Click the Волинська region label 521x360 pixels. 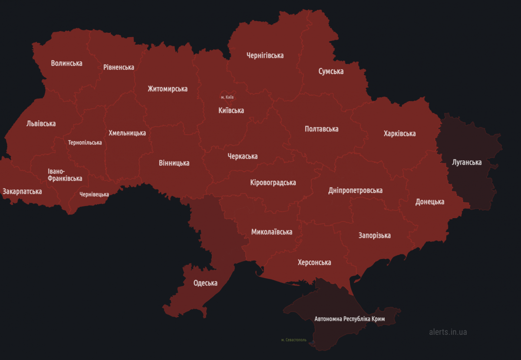pyautogui.click(x=66, y=63)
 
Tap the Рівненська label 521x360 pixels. pyautogui.click(x=119, y=67)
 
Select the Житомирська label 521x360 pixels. pyautogui.click(x=168, y=89)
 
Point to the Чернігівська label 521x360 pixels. pyautogui.click(x=265, y=56)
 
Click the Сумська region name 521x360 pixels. pyautogui.click(x=331, y=71)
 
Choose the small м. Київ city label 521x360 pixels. pyautogui.click(x=227, y=97)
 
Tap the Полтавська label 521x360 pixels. pyautogui.click(x=321, y=129)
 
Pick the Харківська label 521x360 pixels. pyautogui.click(x=399, y=134)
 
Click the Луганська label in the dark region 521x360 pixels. pyautogui.click(x=467, y=162)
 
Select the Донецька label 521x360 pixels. pyautogui.click(x=430, y=202)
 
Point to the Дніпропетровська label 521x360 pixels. pyautogui.click(x=355, y=191)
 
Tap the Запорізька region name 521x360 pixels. pyautogui.click(x=374, y=235)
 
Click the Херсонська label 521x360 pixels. pyautogui.click(x=314, y=262)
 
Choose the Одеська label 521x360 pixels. pyautogui.click(x=205, y=283)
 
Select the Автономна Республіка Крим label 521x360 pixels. pyautogui.click(x=350, y=319)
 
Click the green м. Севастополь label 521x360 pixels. pyautogui.click(x=293, y=340)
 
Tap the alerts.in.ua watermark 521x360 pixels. pyautogui.click(x=448, y=332)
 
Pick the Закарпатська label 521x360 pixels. pyautogui.click(x=22, y=192)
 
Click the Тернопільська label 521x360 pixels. pyautogui.click(x=85, y=142)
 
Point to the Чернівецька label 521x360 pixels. pyautogui.click(x=94, y=194)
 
